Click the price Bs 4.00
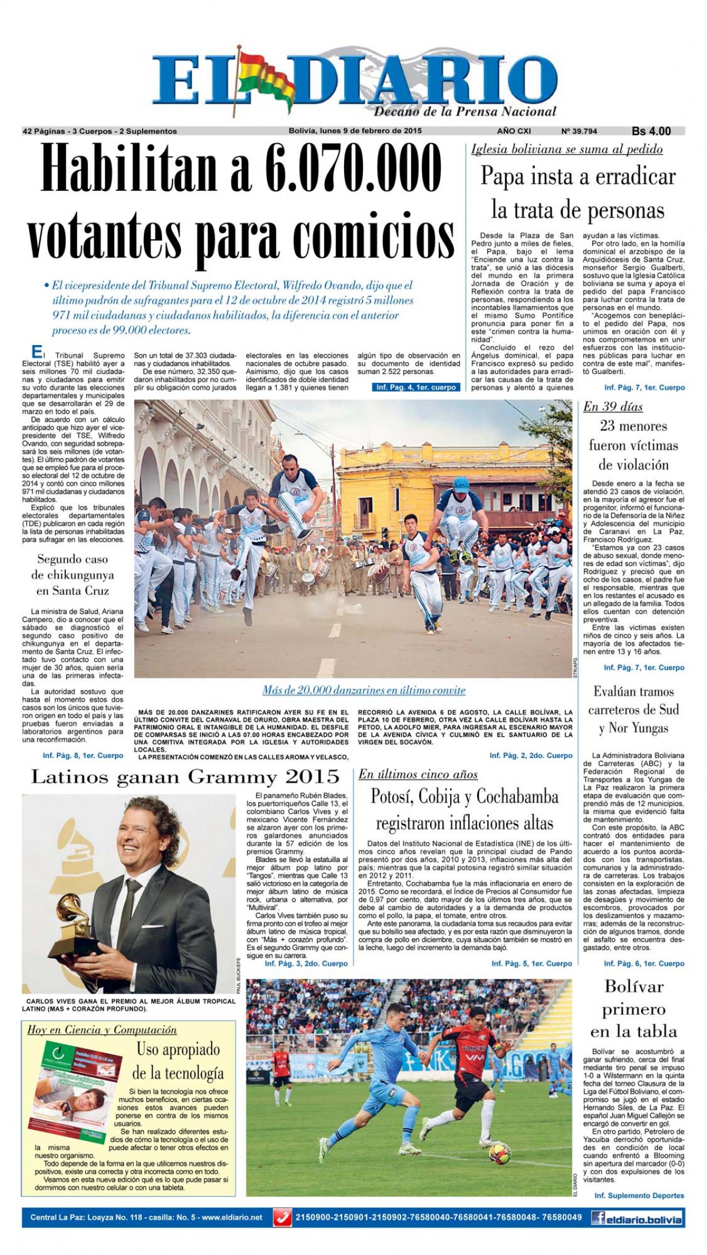[651, 131]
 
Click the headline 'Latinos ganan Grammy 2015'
[184, 777]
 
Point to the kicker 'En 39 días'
[613, 406]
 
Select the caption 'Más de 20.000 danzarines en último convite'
[364, 690]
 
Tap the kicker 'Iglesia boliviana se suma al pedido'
[567, 149]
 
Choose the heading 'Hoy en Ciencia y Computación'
[102, 1030]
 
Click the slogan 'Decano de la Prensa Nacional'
[465, 111]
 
